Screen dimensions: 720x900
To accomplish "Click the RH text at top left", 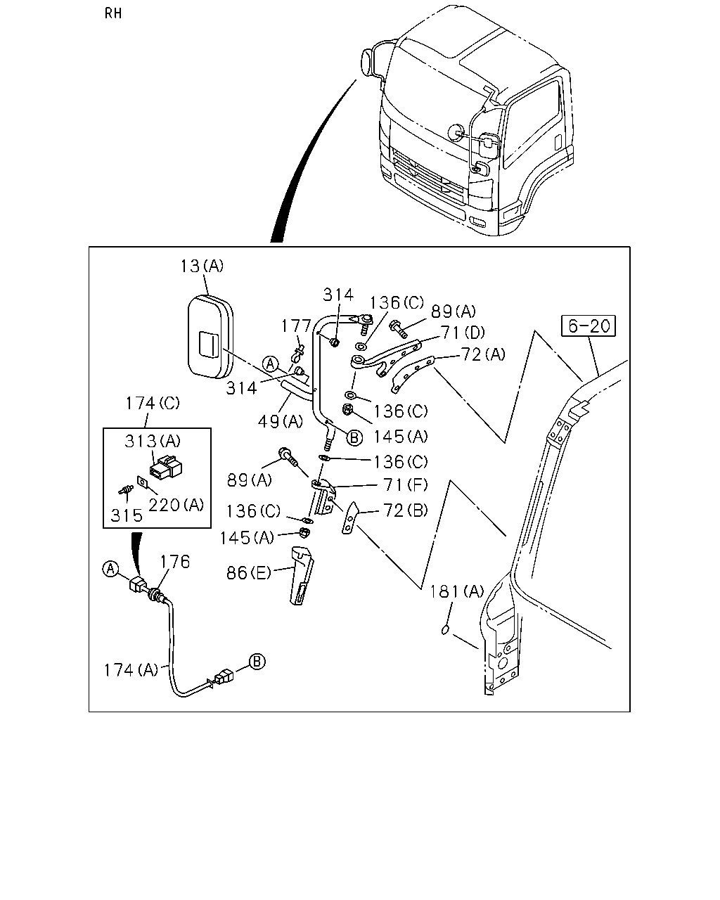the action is coord(113,13).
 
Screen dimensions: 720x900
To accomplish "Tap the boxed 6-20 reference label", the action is coord(589,326).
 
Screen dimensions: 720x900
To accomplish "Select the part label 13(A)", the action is coord(202,266).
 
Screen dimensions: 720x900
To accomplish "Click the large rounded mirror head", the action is coord(210,337).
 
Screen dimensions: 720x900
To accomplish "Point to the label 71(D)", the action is coord(463,333).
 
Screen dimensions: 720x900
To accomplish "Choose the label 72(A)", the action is coord(484,354).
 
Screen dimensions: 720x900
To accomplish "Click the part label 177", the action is coord(296,326).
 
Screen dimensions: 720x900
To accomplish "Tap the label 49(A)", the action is coord(281,422).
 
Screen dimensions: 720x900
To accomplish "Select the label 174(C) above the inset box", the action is coord(153,403).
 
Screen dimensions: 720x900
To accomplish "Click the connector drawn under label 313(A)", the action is coord(166,468).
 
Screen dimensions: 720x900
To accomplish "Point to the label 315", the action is coord(127,515).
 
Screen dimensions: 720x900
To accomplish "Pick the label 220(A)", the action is coord(176,506).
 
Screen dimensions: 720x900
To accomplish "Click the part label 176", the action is coord(175,562).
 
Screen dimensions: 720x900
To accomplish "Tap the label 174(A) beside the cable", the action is coord(131,670).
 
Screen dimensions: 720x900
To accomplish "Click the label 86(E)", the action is coord(249,573).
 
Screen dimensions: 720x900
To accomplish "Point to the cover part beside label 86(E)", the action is coord(302,575).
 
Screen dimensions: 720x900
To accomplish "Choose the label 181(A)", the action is coord(457,592).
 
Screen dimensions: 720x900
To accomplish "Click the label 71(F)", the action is coord(406,485).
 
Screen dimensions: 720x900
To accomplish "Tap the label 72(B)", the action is coord(406,510).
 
